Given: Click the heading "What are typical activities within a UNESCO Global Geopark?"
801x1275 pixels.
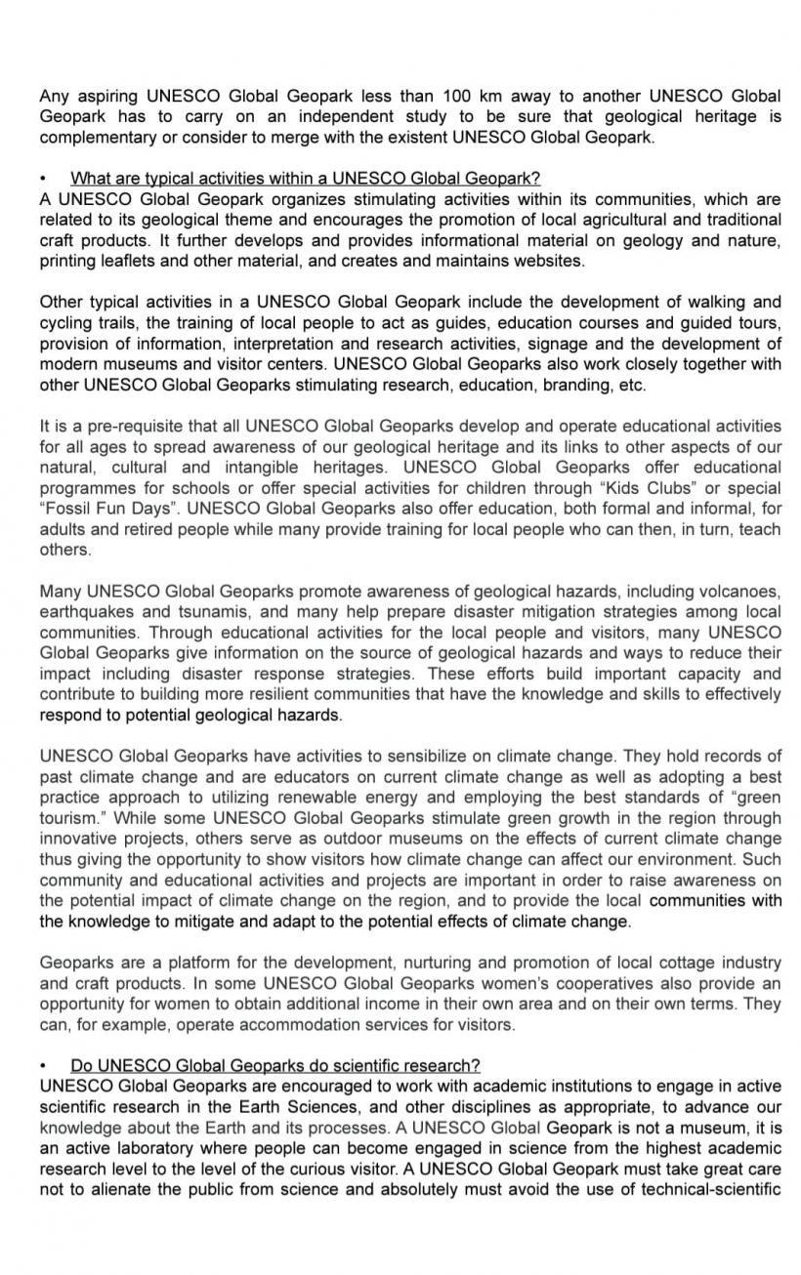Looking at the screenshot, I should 305,179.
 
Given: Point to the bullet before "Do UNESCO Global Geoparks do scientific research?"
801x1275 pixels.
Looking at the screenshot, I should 44,1065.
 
